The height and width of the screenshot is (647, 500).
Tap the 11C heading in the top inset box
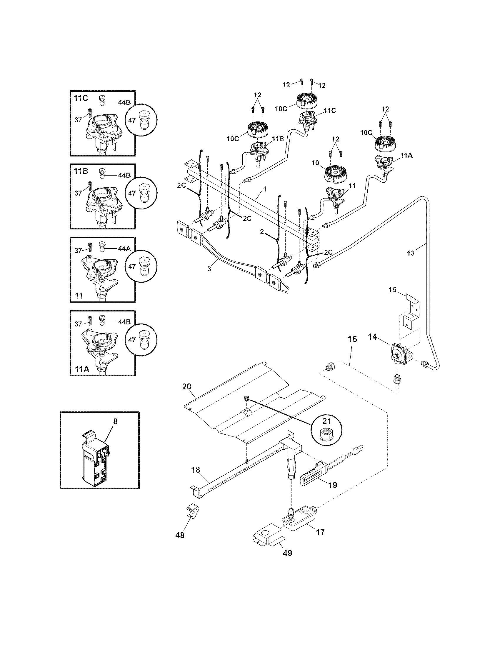pos(81,98)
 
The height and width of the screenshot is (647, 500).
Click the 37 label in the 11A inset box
pos(78,324)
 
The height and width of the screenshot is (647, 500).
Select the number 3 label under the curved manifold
pos(209,269)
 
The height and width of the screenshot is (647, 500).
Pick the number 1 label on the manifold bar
pos(264,189)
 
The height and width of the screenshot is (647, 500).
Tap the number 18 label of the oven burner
pos(196,470)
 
